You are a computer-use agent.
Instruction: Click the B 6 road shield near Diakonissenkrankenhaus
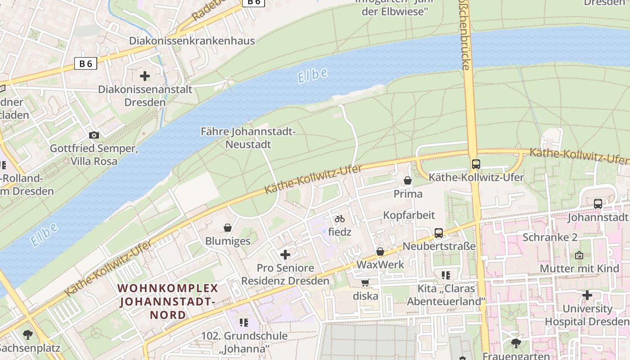(x=85, y=63)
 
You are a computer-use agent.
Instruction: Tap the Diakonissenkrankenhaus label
(x=192, y=41)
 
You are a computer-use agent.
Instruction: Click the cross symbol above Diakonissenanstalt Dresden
(x=145, y=76)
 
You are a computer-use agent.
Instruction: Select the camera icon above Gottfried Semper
(x=94, y=135)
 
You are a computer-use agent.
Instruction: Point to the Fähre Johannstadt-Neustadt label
(x=248, y=138)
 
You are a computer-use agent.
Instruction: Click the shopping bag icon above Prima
(x=408, y=180)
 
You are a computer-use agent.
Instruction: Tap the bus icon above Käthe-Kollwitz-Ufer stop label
(x=476, y=164)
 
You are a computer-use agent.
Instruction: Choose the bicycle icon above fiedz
(x=340, y=219)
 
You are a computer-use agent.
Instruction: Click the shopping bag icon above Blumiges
(x=228, y=228)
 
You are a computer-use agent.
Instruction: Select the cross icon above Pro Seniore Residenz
(x=285, y=255)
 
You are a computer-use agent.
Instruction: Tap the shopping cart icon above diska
(x=365, y=283)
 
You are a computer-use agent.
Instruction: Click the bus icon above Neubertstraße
(x=439, y=233)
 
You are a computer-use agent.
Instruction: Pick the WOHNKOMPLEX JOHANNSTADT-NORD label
(x=168, y=301)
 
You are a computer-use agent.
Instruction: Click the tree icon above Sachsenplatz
(x=28, y=334)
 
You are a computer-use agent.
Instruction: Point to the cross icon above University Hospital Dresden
(x=587, y=295)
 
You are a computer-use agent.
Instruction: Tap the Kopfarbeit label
(x=409, y=215)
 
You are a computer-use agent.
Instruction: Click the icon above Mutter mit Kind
(x=579, y=255)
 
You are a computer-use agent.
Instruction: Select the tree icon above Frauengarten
(x=516, y=343)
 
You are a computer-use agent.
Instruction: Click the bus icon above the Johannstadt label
(x=598, y=204)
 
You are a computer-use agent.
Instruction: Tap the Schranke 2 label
(x=550, y=237)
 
